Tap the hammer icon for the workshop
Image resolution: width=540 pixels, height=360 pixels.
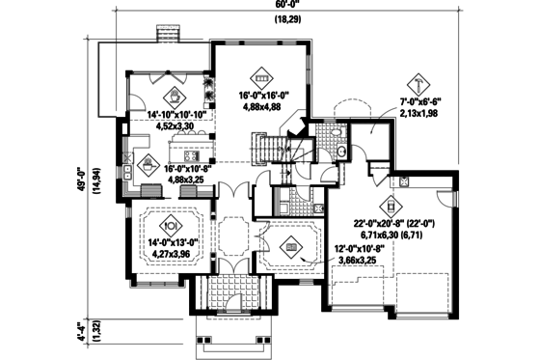click(419, 81)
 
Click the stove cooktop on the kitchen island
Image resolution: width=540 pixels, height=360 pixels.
click(191, 155)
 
